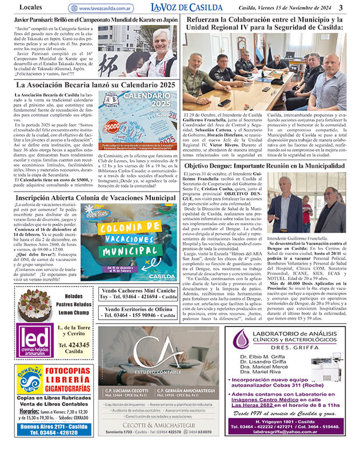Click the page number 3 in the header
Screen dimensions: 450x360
[x=341, y=7]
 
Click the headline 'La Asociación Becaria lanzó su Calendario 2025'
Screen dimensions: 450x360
[x=95, y=85]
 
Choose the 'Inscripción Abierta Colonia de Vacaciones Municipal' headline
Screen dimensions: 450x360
[x=95, y=197]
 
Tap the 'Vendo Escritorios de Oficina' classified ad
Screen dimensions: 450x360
[x=139, y=312]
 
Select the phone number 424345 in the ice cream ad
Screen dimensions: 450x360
[x=74, y=345]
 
